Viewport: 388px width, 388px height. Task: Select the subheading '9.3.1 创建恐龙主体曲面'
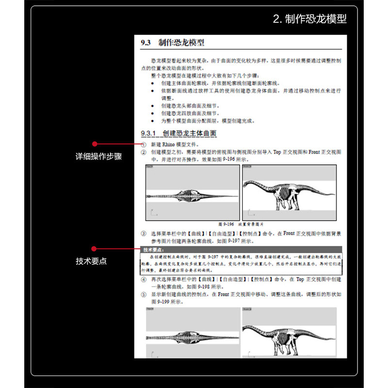178,133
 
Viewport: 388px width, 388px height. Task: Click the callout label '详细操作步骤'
98,157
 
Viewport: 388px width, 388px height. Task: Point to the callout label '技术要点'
91,261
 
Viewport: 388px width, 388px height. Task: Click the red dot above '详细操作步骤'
95,144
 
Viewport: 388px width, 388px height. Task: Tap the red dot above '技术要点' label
95,247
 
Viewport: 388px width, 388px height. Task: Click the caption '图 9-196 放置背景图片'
241,224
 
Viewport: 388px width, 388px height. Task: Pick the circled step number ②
144,152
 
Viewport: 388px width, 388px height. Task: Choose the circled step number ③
144,233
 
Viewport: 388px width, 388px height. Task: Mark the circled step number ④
144,280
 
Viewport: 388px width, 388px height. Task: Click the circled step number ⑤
144,294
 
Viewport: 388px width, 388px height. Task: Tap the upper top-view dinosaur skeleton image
193,196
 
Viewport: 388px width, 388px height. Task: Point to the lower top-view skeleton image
193,337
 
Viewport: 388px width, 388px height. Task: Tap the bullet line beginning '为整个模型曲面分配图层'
209,121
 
